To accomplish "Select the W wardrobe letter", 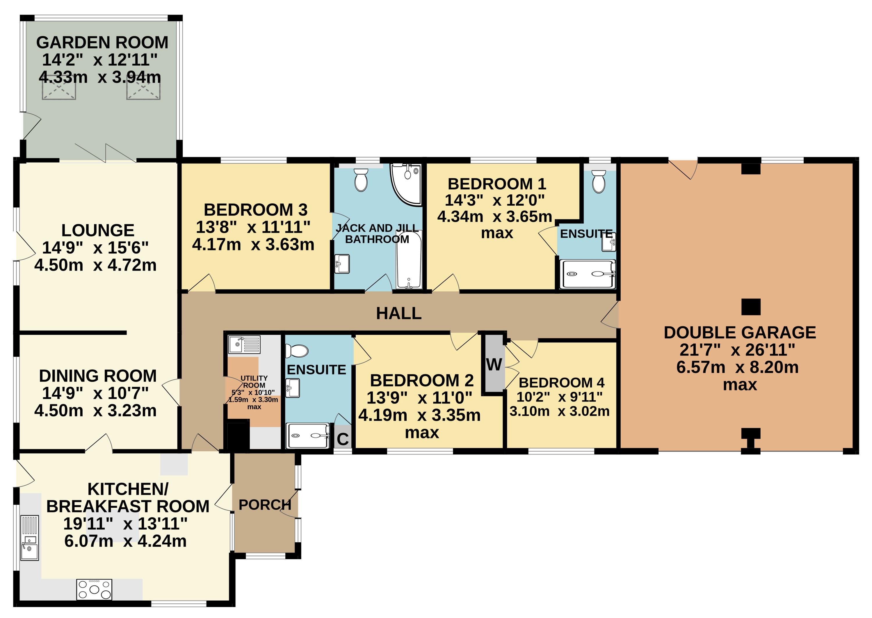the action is click(494, 365).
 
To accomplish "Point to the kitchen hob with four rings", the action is click(94, 589).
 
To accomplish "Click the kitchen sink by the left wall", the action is click(30, 538).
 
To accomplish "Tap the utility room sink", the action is click(244, 344).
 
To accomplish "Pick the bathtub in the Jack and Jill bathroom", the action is click(409, 260).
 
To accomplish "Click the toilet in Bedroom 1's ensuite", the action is click(599, 182).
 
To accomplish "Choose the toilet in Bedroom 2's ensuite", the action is click(296, 351).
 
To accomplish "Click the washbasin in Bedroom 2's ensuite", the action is click(293, 388).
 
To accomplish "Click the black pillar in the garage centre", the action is click(751, 307).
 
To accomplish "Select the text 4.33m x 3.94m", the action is click(100, 77).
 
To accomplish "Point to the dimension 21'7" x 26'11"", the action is click(737, 350).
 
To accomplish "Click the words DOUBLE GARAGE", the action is click(740, 333).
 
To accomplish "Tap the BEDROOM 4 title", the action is click(562, 382).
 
